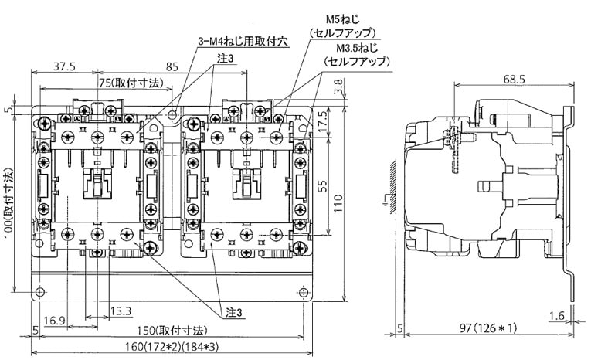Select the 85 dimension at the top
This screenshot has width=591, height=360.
click(173, 66)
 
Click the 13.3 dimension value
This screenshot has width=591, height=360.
click(121, 311)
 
